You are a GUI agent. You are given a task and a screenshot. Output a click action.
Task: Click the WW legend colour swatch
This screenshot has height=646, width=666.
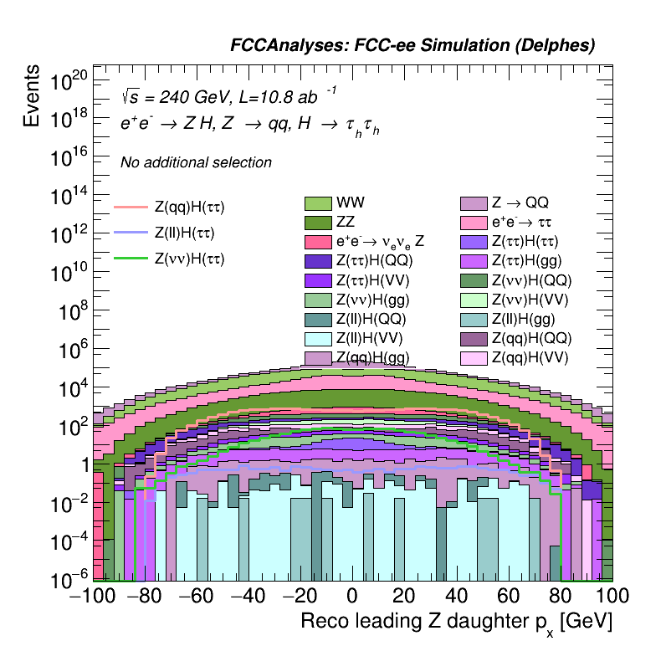pyautogui.click(x=318, y=203)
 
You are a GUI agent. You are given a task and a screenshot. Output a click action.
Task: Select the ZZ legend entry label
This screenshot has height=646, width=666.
pyautogui.click(x=346, y=223)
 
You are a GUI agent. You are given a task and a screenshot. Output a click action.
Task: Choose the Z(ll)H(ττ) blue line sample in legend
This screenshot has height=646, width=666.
pyautogui.click(x=130, y=233)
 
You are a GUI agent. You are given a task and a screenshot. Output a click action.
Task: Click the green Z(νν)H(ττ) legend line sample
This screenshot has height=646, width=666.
pyautogui.click(x=130, y=259)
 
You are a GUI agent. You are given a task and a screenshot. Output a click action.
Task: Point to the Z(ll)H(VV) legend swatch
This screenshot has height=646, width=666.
pyautogui.click(x=318, y=338)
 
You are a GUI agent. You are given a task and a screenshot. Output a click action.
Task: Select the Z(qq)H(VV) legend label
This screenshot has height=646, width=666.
pyautogui.click(x=530, y=357)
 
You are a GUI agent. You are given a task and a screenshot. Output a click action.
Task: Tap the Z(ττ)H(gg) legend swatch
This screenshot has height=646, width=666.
pyautogui.click(x=474, y=261)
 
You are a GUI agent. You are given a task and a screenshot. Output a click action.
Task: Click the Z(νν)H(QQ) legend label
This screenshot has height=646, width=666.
pyautogui.click(x=530, y=280)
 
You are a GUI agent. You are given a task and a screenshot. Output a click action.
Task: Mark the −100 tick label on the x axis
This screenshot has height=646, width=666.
pyautogui.click(x=93, y=596)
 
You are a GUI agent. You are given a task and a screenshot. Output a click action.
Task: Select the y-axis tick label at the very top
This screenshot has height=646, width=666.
pyautogui.click(x=69, y=82)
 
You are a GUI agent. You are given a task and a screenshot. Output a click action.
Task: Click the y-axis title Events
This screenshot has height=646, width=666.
pyautogui.click(x=32, y=97)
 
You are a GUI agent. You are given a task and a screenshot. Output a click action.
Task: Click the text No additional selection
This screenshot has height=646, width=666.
pyautogui.click(x=196, y=162)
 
